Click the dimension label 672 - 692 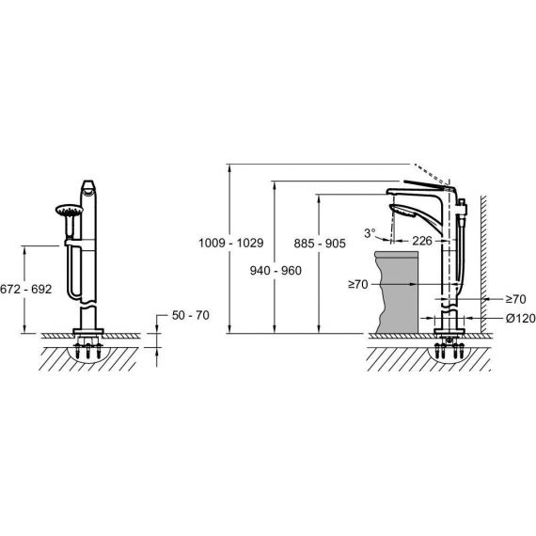pos(26,290)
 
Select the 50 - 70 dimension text pos(190,315)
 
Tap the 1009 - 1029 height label pos(231,243)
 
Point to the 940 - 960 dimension pos(276,271)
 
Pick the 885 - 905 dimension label pos(320,244)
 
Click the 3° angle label pos(370,233)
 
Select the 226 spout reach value pos(422,241)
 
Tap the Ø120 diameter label pos(521,319)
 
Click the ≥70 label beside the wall pos(516,299)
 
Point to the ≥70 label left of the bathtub pos(358,284)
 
